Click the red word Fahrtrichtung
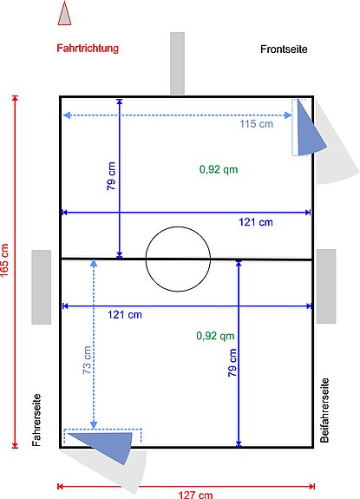88,49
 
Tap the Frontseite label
284,49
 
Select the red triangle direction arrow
64,13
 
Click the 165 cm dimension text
4,260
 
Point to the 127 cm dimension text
195,495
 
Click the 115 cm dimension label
256,123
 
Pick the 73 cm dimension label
87,359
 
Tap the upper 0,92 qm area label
219,169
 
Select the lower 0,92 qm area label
215,336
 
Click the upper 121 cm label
256,222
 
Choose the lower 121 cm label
125,315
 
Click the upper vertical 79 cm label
111,176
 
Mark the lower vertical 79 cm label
232,363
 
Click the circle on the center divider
178,227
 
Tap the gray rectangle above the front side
177,63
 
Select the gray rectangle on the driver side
42,287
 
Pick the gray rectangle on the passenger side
326,286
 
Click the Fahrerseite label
36,420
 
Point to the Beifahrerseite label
324,410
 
